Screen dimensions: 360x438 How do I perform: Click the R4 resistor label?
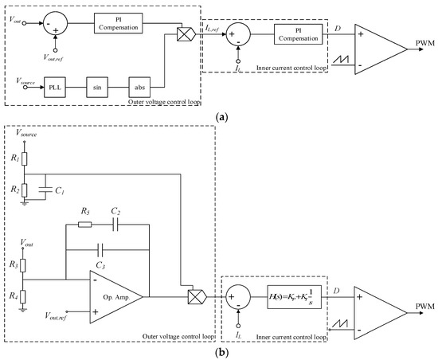pos(13,295)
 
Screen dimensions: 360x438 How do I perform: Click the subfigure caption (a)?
pos(221,115)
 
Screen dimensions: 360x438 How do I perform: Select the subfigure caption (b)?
pos(221,351)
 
